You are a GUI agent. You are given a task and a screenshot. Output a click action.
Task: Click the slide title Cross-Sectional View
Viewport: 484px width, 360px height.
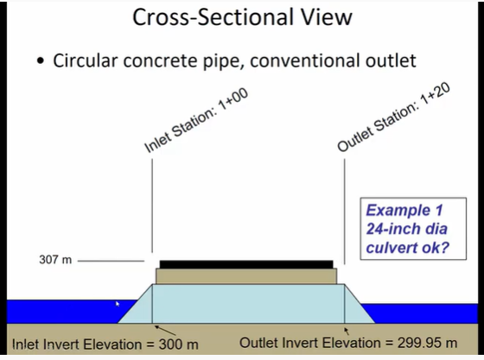click(x=241, y=20)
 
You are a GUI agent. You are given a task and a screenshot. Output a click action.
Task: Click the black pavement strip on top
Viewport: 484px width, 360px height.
click(x=245, y=264)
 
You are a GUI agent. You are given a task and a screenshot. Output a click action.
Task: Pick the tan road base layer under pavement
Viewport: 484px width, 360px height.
click(x=245, y=276)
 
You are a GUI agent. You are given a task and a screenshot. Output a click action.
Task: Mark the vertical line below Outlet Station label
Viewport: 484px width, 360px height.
click(x=346, y=207)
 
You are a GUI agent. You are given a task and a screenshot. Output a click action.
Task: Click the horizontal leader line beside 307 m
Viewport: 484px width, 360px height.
click(x=111, y=260)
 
